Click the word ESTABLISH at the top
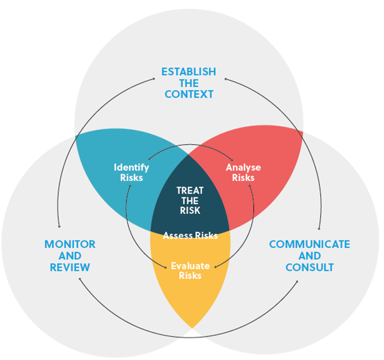point(189,72)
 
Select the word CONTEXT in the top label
point(189,94)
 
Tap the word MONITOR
point(70,244)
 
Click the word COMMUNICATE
point(309,244)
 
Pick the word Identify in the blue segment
point(131,168)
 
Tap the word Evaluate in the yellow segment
point(190,265)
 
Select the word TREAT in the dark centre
point(190,190)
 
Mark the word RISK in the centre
point(190,211)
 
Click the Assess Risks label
point(190,235)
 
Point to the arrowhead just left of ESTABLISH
point(154,78)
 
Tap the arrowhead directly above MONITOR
point(59,225)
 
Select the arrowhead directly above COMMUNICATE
point(319,227)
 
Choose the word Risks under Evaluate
point(190,275)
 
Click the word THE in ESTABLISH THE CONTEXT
point(189,83)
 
